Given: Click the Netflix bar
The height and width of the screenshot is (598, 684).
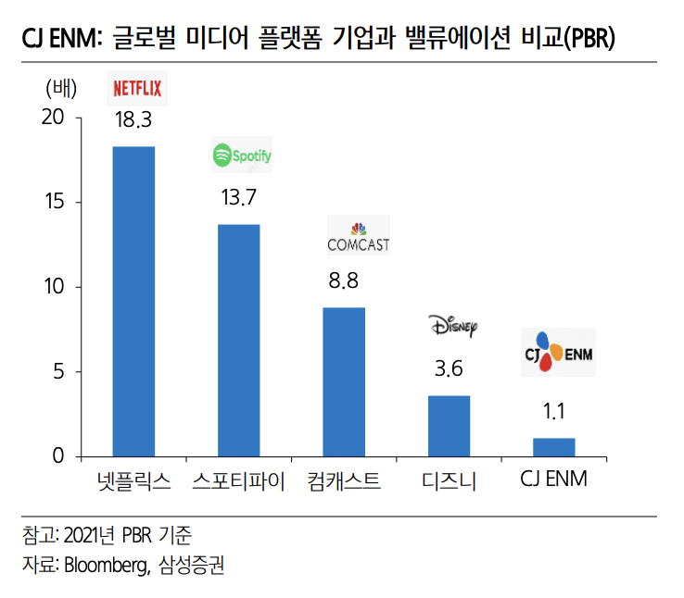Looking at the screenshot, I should click(133, 301).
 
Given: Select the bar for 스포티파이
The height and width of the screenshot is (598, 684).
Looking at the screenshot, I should click(238, 340).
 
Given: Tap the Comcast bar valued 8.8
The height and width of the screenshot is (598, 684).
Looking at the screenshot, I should click(344, 381).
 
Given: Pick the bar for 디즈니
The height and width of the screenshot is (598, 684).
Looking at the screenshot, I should click(449, 426).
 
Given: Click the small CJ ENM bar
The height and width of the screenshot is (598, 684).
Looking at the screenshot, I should click(554, 447).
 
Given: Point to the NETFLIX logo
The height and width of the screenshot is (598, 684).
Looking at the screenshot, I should click(137, 88).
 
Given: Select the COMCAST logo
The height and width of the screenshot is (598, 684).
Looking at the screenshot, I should click(358, 238).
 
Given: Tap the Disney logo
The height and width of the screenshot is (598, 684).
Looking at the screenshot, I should click(452, 325).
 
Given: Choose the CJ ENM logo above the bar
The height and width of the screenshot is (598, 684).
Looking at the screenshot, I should click(555, 352).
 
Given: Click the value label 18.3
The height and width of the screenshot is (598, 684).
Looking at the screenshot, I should click(133, 120).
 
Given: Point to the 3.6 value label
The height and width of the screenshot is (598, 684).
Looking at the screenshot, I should click(449, 369).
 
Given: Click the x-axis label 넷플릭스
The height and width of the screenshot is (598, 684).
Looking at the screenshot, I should click(133, 481).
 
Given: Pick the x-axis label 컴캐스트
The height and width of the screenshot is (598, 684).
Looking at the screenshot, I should click(344, 481).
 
